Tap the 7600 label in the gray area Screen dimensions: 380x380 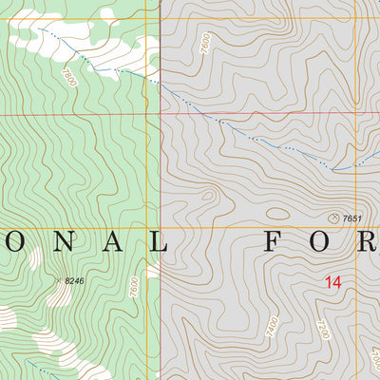pos(205,43)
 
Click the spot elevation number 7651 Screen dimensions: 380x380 pos(352,218)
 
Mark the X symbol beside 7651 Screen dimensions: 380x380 pos(333,218)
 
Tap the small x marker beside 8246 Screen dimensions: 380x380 pos(59,280)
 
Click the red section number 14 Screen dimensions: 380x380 pos(332,282)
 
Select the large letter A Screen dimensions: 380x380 pos(106,244)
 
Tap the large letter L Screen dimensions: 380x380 pos(156,244)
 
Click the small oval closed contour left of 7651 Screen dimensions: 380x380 pos(276,214)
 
